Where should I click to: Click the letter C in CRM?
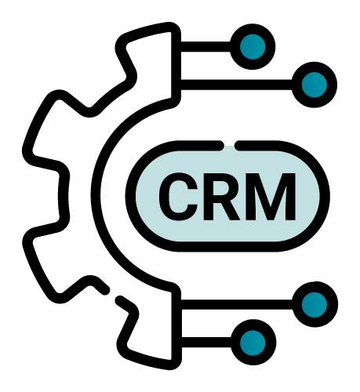tap(178, 197)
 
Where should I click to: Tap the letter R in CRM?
tap(222, 197)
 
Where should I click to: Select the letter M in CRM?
tap(271, 197)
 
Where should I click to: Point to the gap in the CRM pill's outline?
tap(230, 146)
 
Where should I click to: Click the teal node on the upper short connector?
tap(253, 47)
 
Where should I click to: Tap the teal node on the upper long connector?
tap(315, 85)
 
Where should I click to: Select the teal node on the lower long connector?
tap(315, 304)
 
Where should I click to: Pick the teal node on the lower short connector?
tap(253, 343)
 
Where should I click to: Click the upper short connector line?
tap(205, 47)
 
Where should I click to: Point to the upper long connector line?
tap(236, 85)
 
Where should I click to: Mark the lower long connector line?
tap(237, 304)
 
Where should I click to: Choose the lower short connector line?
tap(206, 343)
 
